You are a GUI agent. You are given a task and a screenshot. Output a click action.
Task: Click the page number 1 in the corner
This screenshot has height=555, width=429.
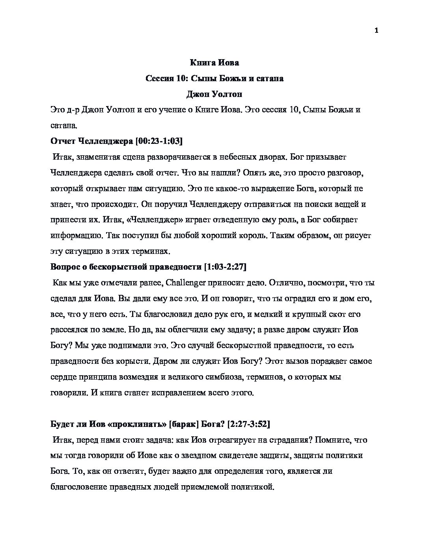(376, 31)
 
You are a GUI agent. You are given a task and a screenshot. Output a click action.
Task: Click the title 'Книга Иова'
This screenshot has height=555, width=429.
(214, 63)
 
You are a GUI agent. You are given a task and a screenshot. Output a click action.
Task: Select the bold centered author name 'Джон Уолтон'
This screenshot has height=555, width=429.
(214, 94)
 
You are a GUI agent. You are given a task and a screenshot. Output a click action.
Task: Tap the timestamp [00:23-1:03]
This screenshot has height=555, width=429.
(159, 141)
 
